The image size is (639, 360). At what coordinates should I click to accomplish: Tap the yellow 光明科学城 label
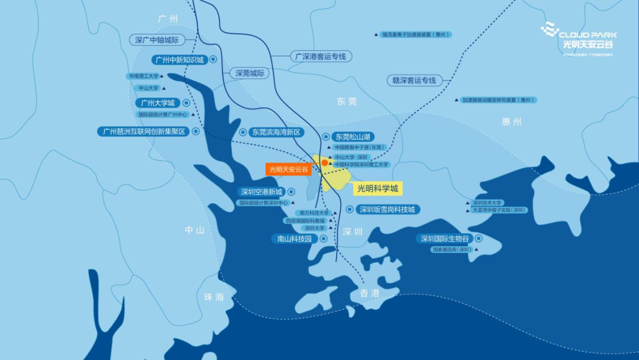[x=379, y=189]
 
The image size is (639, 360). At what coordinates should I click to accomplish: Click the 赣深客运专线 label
[x=414, y=80]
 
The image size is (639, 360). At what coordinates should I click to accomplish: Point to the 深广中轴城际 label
[x=157, y=40]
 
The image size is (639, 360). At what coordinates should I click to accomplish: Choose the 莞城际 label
[x=250, y=73]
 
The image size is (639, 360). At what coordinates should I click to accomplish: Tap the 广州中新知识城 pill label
[x=179, y=60]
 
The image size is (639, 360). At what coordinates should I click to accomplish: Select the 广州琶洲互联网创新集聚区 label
[x=144, y=131]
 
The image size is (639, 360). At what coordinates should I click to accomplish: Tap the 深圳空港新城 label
[x=261, y=192]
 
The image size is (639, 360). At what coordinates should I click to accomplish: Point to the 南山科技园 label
[x=294, y=239]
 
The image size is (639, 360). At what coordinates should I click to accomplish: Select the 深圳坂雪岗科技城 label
[x=388, y=209]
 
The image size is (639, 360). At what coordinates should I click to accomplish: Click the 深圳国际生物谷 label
[x=445, y=239]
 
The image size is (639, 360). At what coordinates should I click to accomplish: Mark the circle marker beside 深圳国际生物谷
[x=479, y=239]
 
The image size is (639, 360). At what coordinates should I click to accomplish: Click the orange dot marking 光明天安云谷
[x=324, y=162]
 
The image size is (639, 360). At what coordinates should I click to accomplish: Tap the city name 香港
[x=370, y=293]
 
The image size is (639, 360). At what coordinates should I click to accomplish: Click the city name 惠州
[x=512, y=122]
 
